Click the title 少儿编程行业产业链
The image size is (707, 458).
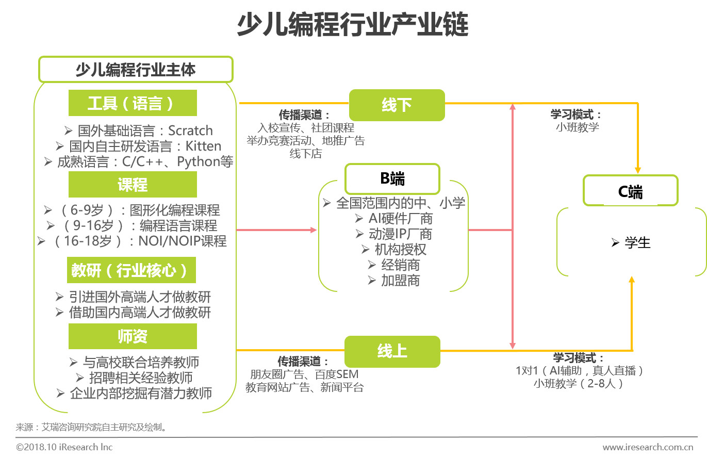click(x=353, y=25)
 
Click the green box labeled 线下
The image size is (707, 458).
click(x=397, y=105)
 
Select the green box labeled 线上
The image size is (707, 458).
click(x=392, y=351)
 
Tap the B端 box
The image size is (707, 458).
click(x=392, y=178)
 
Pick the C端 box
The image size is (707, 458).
click(x=630, y=191)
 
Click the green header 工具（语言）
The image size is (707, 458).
click(x=133, y=103)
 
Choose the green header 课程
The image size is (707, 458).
click(x=133, y=185)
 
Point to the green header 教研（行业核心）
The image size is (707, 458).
click(x=131, y=270)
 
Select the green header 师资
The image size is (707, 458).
click(x=133, y=336)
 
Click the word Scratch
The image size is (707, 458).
click(x=190, y=130)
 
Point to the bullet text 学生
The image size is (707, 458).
click(x=637, y=242)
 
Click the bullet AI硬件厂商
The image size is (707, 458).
click(x=400, y=218)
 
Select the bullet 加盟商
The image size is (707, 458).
click(x=400, y=281)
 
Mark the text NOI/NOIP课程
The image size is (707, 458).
click(x=183, y=241)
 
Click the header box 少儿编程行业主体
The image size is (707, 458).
click(x=136, y=69)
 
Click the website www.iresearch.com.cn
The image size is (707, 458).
click(x=648, y=447)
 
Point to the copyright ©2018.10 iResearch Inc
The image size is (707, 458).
click(x=64, y=447)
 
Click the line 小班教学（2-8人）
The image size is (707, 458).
click(x=579, y=383)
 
